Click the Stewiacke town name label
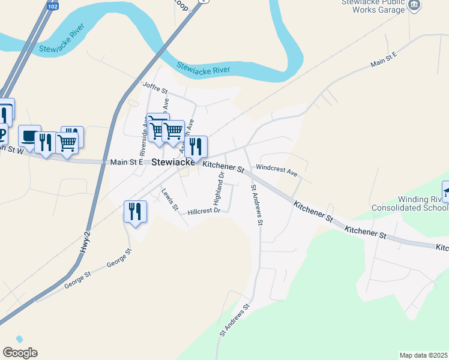click(173, 162)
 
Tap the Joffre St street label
click(155, 88)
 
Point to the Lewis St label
click(170, 199)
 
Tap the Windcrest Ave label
click(277, 170)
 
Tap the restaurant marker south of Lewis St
click(134, 212)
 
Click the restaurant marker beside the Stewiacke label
click(195, 147)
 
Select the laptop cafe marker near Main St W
click(29, 137)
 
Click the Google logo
click(20, 353)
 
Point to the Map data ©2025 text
click(423, 355)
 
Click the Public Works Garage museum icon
click(414, 5)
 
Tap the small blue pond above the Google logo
click(19, 340)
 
